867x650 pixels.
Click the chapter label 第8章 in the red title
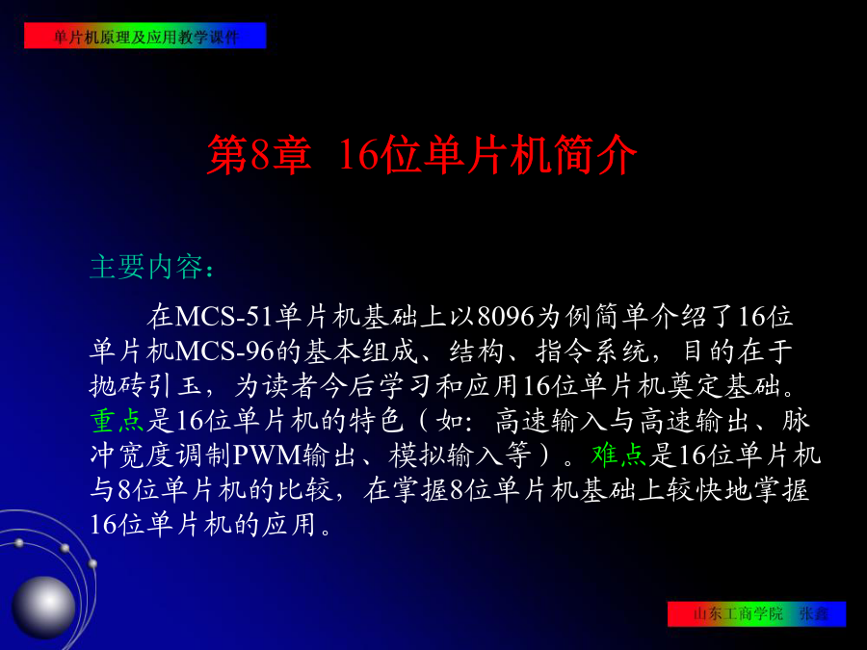[259, 155]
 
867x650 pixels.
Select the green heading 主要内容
[146, 267]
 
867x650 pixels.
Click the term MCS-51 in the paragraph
[224, 317]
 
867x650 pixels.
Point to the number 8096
[506, 317]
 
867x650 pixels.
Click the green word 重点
[118, 421]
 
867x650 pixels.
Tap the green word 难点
[618, 455]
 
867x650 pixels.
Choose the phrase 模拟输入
[446, 455]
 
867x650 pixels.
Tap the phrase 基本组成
[360, 351]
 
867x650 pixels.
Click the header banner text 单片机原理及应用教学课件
[146, 37]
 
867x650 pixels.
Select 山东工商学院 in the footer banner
[739, 613]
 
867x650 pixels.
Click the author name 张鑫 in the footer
[814, 613]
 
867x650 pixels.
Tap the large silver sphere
[43, 607]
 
